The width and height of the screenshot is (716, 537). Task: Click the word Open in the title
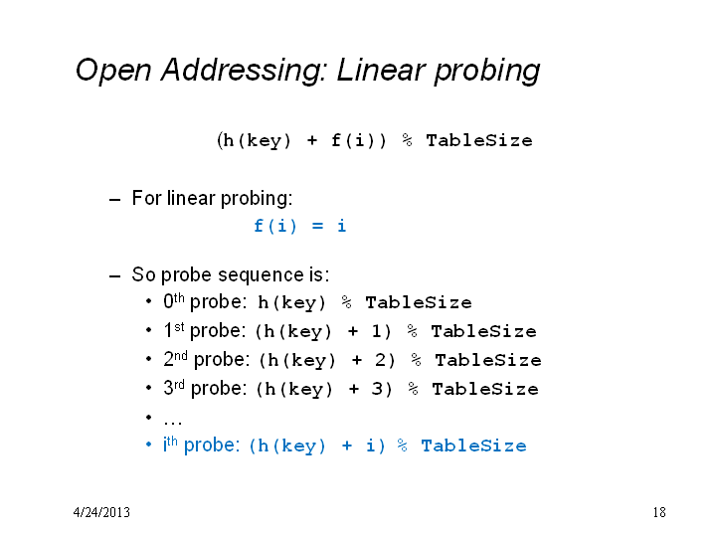[x=113, y=71]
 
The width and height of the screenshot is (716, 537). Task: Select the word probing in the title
[x=487, y=72]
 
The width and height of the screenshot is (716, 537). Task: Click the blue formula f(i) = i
[x=300, y=226]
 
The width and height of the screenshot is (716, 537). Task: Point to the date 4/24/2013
[x=101, y=512]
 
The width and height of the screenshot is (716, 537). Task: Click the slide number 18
[x=659, y=512]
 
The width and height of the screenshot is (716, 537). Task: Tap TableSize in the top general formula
[x=479, y=140]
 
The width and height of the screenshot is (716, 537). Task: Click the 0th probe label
[x=205, y=301]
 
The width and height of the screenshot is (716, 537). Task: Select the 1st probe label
[x=205, y=330]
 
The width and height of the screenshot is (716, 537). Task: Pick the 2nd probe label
[x=207, y=359]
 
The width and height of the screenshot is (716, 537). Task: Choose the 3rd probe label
[x=205, y=388]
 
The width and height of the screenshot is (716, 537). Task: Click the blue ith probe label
[x=201, y=445]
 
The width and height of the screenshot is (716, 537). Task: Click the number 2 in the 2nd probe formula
[x=381, y=360]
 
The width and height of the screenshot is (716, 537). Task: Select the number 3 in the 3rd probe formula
[x=377, y=389]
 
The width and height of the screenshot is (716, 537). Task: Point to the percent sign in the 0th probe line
[x=347, y=302]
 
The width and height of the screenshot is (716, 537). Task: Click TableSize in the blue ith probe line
[x=473, y=446]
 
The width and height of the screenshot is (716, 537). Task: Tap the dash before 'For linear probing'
[x=115, y=200]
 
